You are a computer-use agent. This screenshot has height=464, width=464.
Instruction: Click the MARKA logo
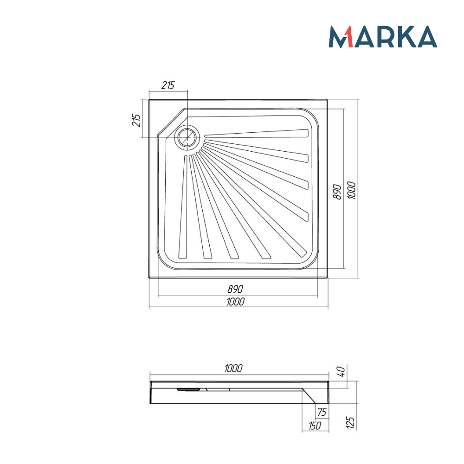[383, 37]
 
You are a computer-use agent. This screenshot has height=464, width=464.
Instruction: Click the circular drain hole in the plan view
[187, 137]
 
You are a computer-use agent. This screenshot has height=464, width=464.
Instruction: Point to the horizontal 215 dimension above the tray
[168, 85]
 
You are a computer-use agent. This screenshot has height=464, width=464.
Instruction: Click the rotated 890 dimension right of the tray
[338, 191]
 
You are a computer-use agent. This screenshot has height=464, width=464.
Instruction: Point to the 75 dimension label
[322, 411]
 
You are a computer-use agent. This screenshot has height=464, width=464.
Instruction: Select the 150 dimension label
[315, 425]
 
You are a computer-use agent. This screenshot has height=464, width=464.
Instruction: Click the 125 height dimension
[351, 422]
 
